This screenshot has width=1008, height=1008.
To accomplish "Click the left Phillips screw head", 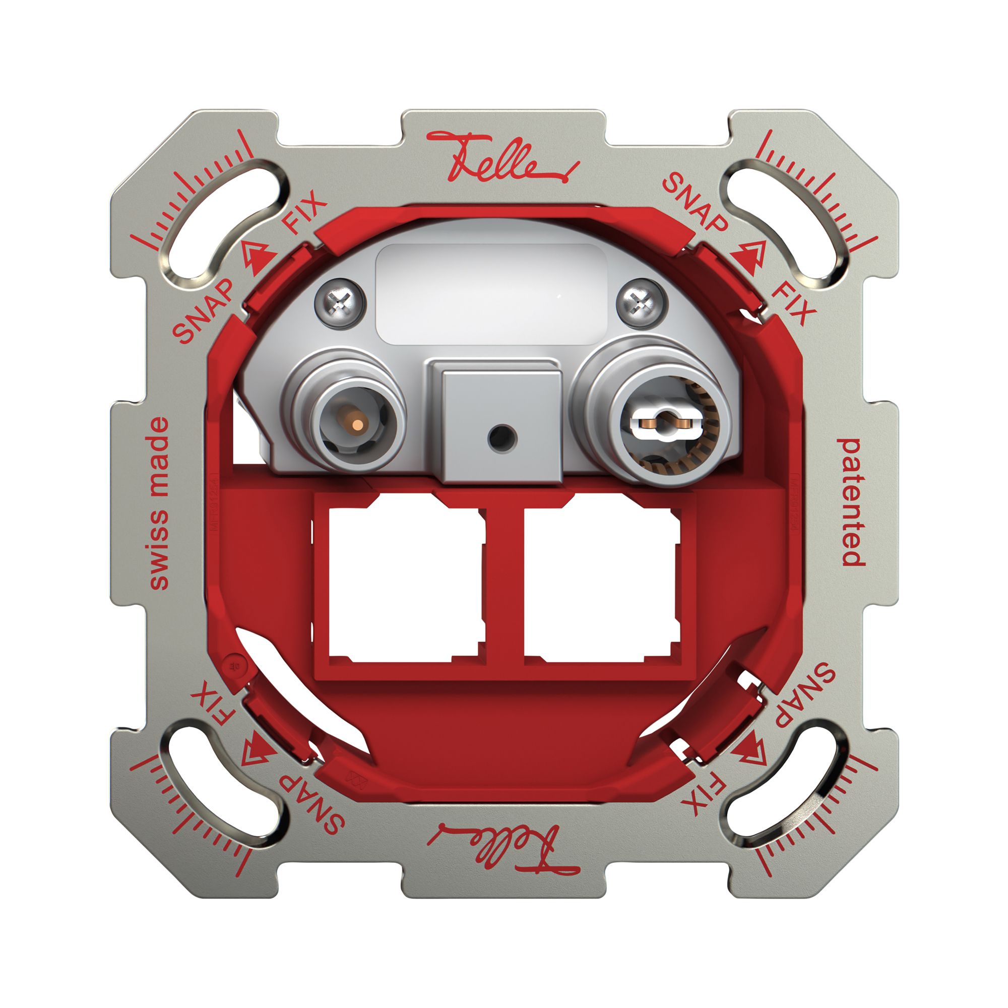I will click(340, 302).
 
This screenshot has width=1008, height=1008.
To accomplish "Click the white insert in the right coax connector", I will click(663, 418).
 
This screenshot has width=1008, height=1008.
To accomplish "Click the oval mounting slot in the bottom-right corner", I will click(785, 785).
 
